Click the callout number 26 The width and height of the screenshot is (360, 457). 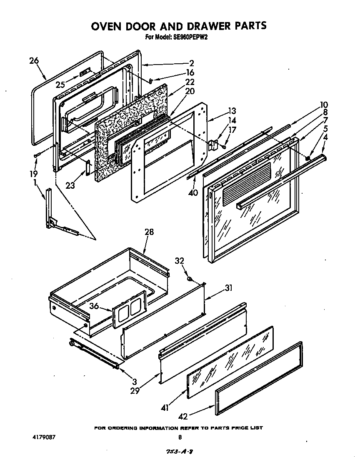(34, 61)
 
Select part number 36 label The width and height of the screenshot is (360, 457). (94, 306)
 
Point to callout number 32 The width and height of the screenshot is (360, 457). (179, 261)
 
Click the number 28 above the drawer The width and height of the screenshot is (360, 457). (149, 232)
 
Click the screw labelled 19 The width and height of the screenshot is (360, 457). (37, 155)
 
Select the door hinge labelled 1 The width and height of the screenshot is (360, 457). (52, 212)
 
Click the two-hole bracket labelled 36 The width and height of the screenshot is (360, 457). (129, 311)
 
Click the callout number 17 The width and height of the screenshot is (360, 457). (232, 130)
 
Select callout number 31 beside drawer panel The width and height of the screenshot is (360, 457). (228, 288)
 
